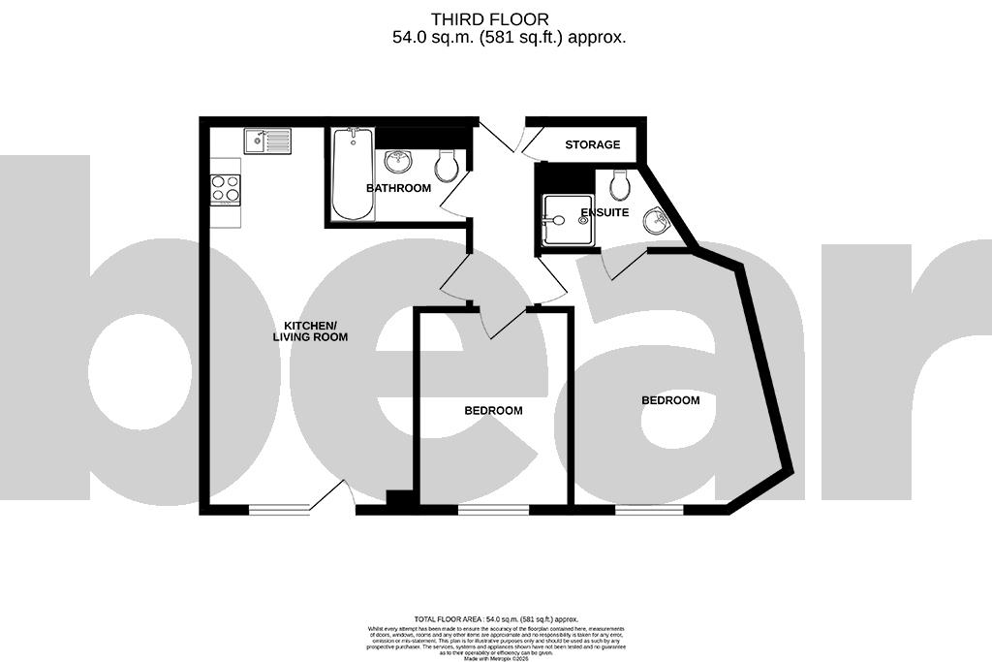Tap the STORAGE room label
pyautogui.click(x=592, y=144)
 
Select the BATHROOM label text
pyautogui.click(x=398, y=188)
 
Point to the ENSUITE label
pyautogui.click(x=604, y=212)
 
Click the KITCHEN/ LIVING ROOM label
pyautogui.click(x=310, y=331)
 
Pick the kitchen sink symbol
pyautogui.click(x=267, y=142)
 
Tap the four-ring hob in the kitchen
pyautogui.click(x=226, y=188)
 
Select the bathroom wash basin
pyautogui.click(x=399, y=161)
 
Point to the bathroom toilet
pyautogui.click(x=447, y=166)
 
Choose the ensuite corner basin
pyautogui.click(x=659, y=222)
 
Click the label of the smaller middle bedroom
pyautogui.click(x=493, y=411)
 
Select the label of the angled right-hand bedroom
pyautogui.click(x=670, y=400)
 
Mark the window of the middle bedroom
pyautogui.click(x=493, y=509)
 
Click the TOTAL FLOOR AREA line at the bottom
pyautogui.click(x=496, y=618)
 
